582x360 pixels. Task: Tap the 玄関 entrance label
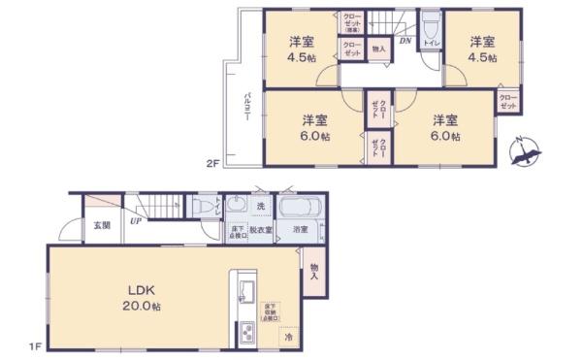101,225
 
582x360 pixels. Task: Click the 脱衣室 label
259,231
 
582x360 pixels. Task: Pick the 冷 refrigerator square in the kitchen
288,337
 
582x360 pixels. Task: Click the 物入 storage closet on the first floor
315,271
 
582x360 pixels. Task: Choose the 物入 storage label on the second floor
378,49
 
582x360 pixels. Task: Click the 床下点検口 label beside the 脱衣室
236,232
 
